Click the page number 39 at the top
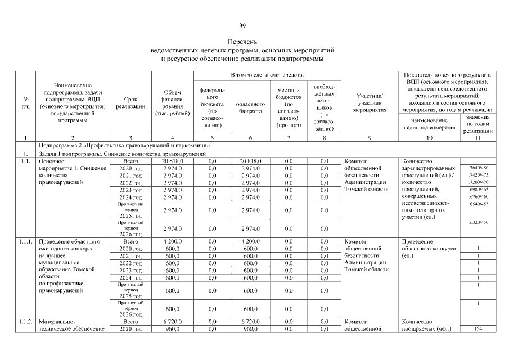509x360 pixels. coord(242,25)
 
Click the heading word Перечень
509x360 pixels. coord(242,42)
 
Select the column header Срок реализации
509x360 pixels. coord(131,102)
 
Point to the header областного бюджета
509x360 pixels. coord(250,107)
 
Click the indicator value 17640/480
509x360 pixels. coord(478,168)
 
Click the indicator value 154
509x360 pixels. coord(478,328)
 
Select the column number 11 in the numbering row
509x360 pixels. coord(478,138)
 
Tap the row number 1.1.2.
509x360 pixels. coord(25,321)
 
